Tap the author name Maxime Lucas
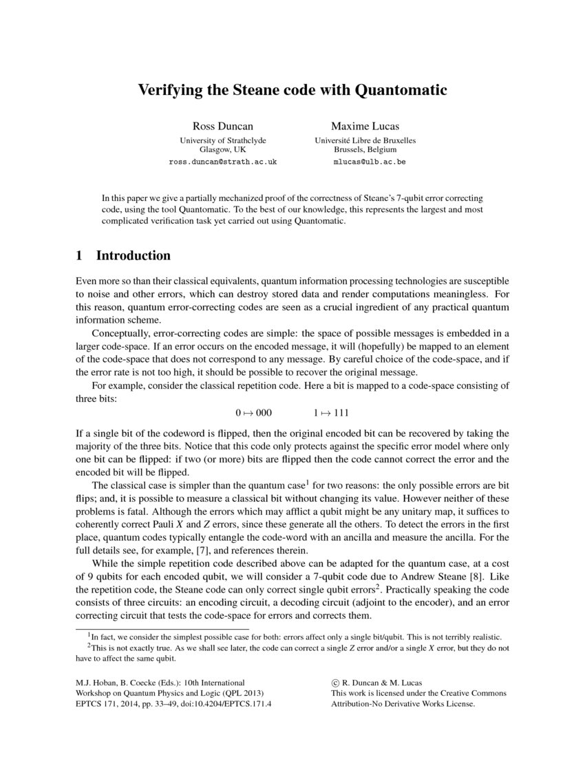coord(365,126)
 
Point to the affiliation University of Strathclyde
coord(222,140)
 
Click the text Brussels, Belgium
coord(365,149)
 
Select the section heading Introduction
coord(133,255)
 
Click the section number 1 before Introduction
coord(79,255)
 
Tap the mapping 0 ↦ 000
coord(253,413)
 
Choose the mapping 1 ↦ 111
coord(331,413)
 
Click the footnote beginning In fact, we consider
coord(296,637)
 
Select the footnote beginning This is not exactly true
coord(296,648)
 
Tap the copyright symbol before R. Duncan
coord(335,682)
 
